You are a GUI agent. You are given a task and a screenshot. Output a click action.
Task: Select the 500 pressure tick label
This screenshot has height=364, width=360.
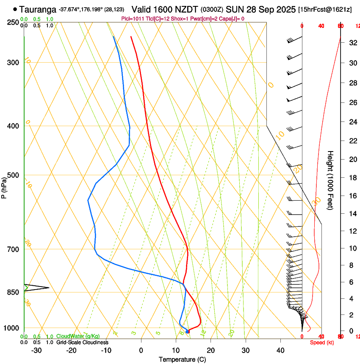13,175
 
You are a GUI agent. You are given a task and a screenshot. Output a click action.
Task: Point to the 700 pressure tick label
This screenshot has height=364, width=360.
13,249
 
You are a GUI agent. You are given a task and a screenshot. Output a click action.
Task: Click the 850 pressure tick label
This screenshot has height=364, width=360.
13,292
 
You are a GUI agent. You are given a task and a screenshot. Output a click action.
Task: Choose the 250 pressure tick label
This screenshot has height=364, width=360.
13,22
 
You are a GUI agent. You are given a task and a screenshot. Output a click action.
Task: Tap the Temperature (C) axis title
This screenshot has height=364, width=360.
182,359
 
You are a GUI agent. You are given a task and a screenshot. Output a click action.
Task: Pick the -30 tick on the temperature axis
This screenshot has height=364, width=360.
36,350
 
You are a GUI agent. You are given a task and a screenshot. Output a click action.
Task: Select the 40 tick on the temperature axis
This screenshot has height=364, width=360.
280,350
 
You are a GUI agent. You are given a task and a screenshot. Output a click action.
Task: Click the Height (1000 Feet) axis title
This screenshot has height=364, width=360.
331,180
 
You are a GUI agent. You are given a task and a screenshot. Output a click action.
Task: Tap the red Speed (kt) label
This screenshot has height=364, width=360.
322,342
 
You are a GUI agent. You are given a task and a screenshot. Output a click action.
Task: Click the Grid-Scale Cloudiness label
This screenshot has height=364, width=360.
82,342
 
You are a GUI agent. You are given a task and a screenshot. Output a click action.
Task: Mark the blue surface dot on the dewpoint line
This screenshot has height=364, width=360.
188,331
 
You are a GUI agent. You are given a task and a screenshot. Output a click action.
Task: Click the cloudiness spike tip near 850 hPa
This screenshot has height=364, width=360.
49,288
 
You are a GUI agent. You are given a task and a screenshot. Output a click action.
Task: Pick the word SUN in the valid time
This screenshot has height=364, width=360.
233,9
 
